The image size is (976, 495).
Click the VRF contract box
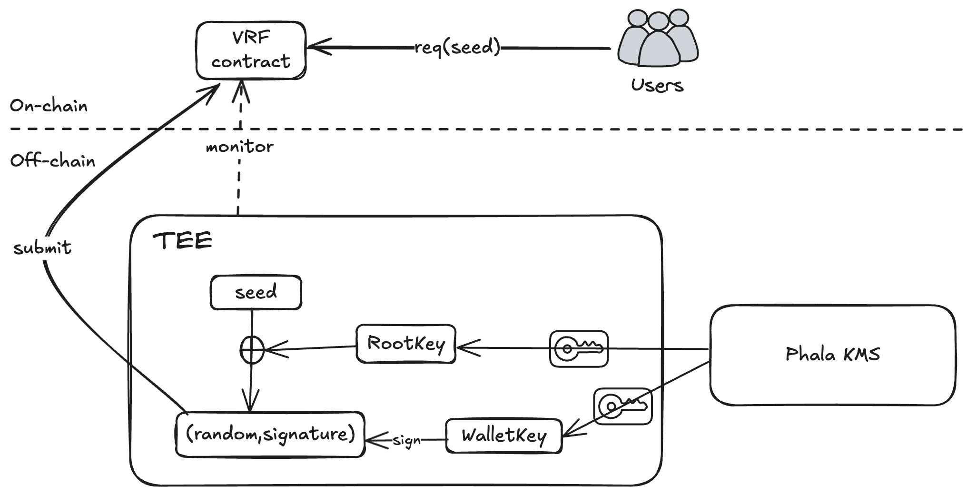click(251, 50)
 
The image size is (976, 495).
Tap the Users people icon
click(658, 40)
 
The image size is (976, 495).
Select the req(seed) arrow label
click(457, 48)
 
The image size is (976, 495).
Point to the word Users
click(657, 86)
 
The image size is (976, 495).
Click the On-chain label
click(49, 106)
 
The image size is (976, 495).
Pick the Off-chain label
click(52, 161)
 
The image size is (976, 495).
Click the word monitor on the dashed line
click(239, 147)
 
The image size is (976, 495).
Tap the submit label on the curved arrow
click(42, 248)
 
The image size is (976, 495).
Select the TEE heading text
click(182, 241)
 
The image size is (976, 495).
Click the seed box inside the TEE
click(256, 292)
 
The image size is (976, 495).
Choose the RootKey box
click(406, 344)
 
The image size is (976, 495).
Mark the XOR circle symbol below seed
click(251, 350)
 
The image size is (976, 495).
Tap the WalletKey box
click(504, 436)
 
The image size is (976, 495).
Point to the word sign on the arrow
click(407, 441)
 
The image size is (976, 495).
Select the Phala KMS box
click(832, 355)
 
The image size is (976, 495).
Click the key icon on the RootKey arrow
click(579, 349)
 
